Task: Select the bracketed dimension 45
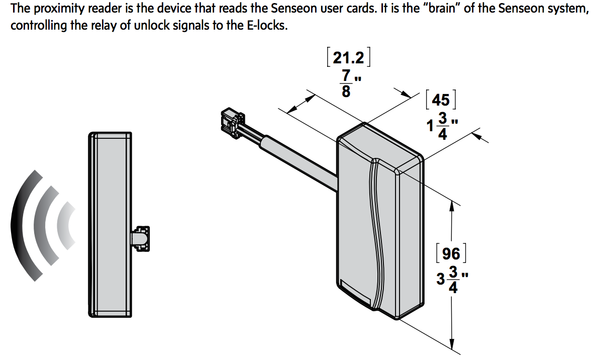440,100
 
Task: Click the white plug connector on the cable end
231,122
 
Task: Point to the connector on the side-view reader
140,237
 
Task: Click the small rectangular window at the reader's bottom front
355,292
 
